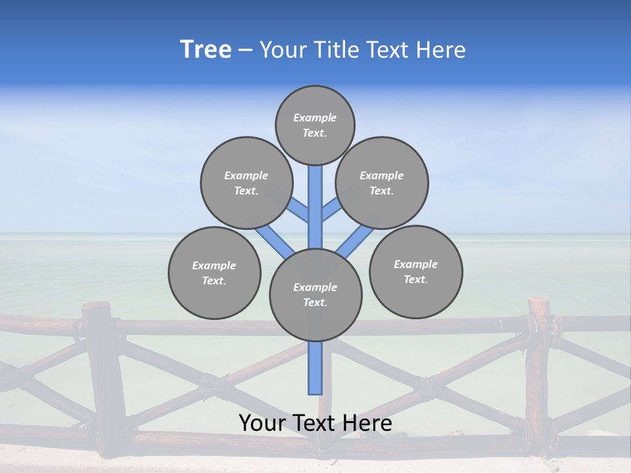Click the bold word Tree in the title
(x=206, y=50)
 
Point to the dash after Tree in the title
(x=245, y=51)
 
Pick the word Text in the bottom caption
(x=314, y=423)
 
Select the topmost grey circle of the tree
(x=315, y=125)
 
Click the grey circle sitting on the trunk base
(x=315, y=295)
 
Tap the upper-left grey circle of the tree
(x=246, y=183)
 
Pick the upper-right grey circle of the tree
(x=382, y=183)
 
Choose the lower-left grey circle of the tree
(x=214, y=273)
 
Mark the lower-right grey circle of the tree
(x=415, y=271)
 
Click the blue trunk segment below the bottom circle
(x=315, y=368)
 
